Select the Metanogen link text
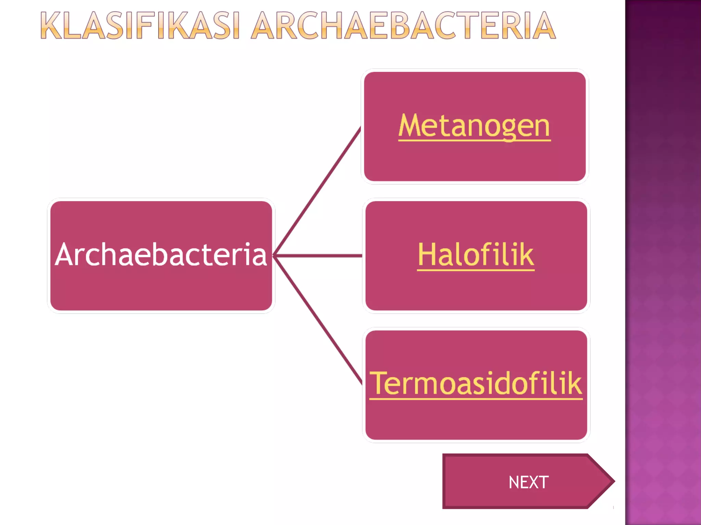pyautogui.click(x=474, y=126)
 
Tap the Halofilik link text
pyautogui.click(x=476, y=255)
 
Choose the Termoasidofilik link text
pyautogui.click(x=476, y=383)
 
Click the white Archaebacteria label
pyautogui.click(x=161, y=255)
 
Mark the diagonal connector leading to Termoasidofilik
pyautogui.click(x=318, y=321)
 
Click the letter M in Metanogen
pyautogui.click(x=410, y=125)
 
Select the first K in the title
pyautogui.click(x=51, y=26)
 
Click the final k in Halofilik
pyautogui.click(x=525, y=255)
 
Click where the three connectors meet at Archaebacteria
pyautogui.click(x=274, y=255)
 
